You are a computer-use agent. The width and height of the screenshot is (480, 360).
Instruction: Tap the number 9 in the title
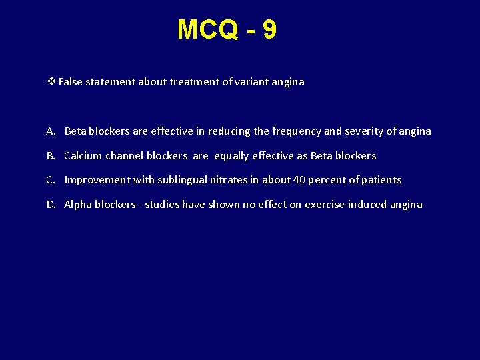coord(269,30)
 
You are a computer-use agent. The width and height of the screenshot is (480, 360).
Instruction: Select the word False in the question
coord(70,82)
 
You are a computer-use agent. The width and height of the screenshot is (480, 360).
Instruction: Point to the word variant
coord(252,82)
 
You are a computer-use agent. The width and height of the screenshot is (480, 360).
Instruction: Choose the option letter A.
coord(51,131)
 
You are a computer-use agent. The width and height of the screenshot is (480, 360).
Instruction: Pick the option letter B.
coord(51,156)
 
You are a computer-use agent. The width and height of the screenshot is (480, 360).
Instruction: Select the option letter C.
coord(51,180)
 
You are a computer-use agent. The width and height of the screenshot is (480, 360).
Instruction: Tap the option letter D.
coord(51,205)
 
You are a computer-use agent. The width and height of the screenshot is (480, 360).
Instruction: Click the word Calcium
coord(83,156)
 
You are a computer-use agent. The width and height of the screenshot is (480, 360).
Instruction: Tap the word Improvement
coord(100,180)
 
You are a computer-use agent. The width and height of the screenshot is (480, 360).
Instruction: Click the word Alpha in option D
coord(78,205)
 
